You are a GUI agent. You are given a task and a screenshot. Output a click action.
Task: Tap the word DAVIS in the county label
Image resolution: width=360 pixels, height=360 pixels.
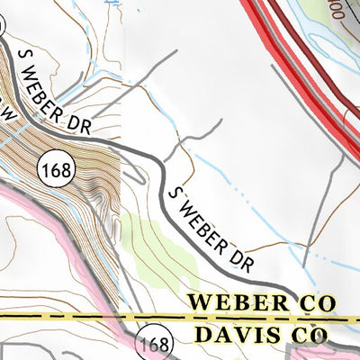click(227, 337)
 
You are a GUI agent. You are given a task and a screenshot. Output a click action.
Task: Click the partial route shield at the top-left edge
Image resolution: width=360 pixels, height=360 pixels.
click(3, 27)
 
